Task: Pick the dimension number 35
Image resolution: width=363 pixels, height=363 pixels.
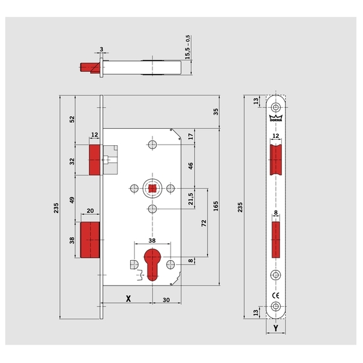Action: point(216,111)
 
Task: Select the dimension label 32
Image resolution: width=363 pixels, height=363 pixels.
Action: point(71,162)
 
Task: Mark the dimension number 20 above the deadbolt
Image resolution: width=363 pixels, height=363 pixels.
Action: point(90,211)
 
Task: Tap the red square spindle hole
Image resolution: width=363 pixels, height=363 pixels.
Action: point(151,189)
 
